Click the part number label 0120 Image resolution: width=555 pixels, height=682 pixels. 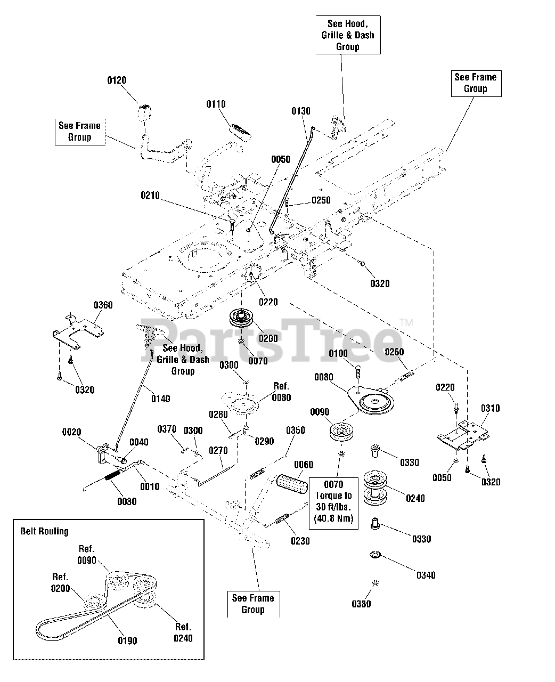point(117,80)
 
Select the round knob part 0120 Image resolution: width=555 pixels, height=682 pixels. point(145,113)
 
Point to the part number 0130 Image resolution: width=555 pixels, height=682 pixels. point(301,111)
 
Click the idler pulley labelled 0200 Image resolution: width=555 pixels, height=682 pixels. point(241,318)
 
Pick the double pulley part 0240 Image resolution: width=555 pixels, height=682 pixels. point(375,488)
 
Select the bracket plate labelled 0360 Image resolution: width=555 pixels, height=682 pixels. point(78,331)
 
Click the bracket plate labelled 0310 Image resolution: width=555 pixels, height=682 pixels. point(463,436)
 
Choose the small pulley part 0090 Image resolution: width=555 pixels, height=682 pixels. point(341,432)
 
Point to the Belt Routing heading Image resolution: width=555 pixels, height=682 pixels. point(45,531)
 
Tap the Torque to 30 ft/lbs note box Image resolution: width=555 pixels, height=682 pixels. point(333,504)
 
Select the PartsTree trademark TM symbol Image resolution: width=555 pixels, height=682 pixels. point(406,322)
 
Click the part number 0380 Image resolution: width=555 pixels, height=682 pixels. point(361,604)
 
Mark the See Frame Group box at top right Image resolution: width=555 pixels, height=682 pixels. point(476,84)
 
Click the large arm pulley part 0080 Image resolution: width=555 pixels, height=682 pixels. point(371,400)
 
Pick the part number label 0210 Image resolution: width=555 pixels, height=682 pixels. point(150,196)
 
